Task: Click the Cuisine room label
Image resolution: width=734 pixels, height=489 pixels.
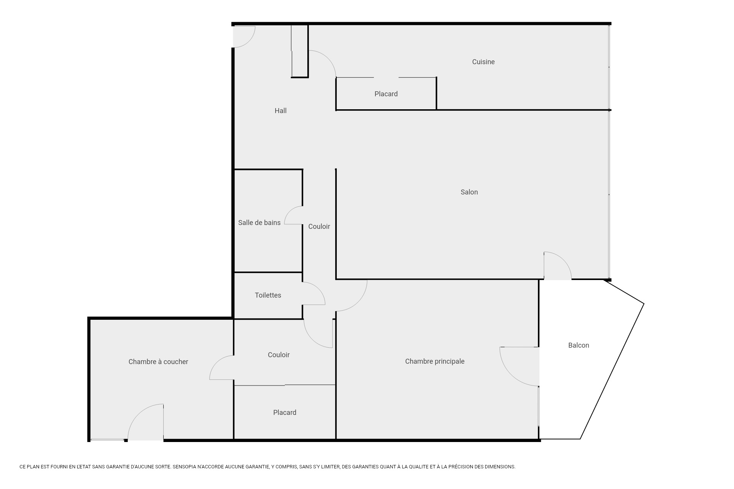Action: click(x=483, y=62)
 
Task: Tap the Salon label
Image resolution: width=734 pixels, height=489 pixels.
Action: click(x=469, y=192)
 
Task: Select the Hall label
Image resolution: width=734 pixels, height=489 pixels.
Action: click(x=280, y=111)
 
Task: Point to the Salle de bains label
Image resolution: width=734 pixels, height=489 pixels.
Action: click(x=259, y=223)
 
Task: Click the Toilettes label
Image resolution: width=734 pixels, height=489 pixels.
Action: click(x=268, y=295)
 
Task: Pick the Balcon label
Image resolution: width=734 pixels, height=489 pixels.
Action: click(x=578, y=345)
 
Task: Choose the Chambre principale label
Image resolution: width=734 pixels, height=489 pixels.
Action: click(x=435, y=361)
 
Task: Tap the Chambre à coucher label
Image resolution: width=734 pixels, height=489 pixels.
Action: click(x=158, y=362)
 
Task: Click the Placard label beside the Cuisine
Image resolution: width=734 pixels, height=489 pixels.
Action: click(x=386, y=94)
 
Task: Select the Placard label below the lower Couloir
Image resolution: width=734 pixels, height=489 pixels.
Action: click(x=285, y=413)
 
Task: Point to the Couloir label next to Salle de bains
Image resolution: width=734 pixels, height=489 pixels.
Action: click(x=319, y=227)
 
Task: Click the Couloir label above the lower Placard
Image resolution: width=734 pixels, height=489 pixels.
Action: click(x=279, y=355)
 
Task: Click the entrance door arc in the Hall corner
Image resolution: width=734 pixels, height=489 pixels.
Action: click(x=249, y=41)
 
